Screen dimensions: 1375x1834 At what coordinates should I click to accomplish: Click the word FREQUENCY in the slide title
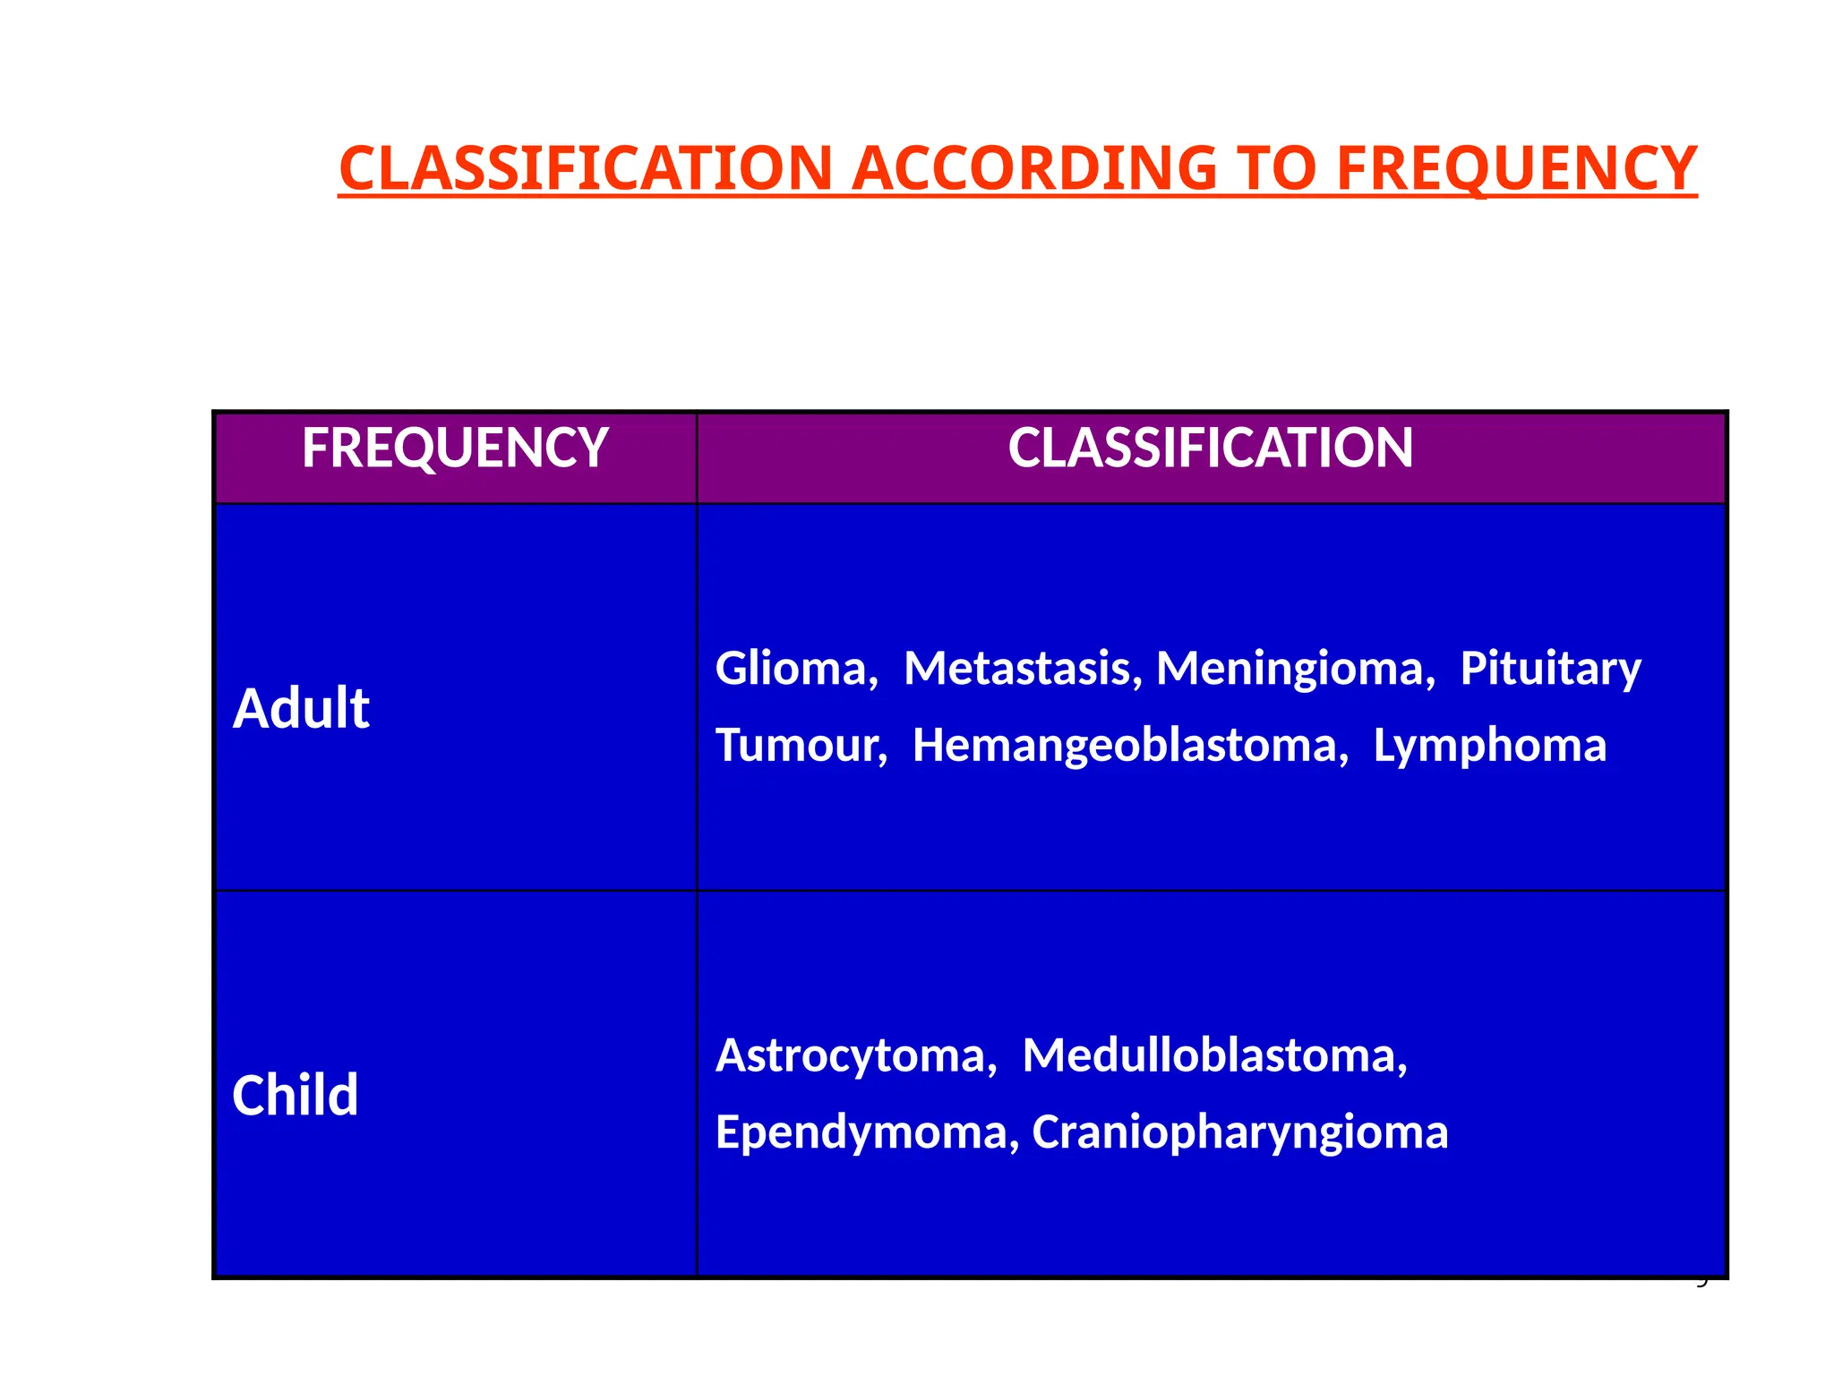1516,169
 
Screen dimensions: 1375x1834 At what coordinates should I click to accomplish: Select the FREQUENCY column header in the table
455,448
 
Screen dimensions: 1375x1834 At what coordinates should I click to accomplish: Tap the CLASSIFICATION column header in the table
1210,448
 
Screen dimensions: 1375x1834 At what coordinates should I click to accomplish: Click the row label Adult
301,709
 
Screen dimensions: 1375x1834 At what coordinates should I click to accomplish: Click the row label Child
295,1095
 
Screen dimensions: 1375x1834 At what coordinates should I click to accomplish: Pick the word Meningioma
1295,669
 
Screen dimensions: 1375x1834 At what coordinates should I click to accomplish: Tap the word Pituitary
1550,669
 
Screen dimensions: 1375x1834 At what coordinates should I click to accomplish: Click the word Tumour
801,746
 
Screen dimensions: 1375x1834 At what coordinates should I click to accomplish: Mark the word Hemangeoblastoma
1129,746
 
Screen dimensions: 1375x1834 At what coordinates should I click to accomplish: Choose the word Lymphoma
1489,746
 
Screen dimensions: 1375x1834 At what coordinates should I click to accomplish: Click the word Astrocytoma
855,1056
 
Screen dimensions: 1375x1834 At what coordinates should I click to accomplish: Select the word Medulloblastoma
1214,1056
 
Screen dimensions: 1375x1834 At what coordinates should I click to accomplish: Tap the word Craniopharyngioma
1239,1132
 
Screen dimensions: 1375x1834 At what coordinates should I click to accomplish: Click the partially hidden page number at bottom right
1702,1283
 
